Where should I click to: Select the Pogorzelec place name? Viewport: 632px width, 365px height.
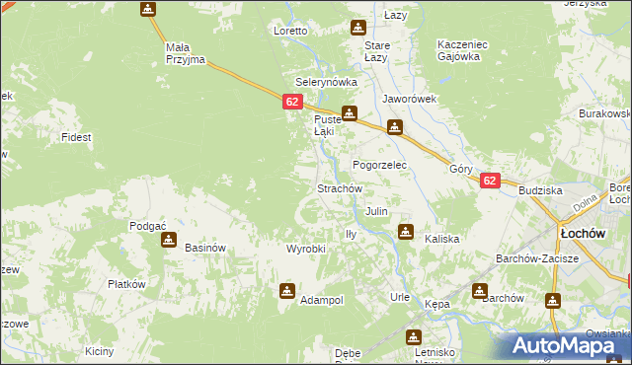(x=380, y=165)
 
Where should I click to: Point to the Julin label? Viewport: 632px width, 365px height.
(x=376, y=211)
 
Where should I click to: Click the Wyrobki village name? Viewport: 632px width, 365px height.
(x=305, y=249)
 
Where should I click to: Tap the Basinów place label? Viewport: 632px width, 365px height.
(x=205, y=248)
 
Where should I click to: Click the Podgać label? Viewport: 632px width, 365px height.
(x=147, y=226)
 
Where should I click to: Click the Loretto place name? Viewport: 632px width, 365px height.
(x=291, y=31)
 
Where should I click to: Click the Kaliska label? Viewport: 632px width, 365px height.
(x=442, y=239)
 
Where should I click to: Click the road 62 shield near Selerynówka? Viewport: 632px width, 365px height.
(x=291, y=102)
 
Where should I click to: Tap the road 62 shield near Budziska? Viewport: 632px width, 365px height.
(x=490, y=181)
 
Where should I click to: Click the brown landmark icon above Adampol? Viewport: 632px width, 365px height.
(x=287, y=290)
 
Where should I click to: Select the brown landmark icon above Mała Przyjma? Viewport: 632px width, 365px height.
(x=148, y=10)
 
